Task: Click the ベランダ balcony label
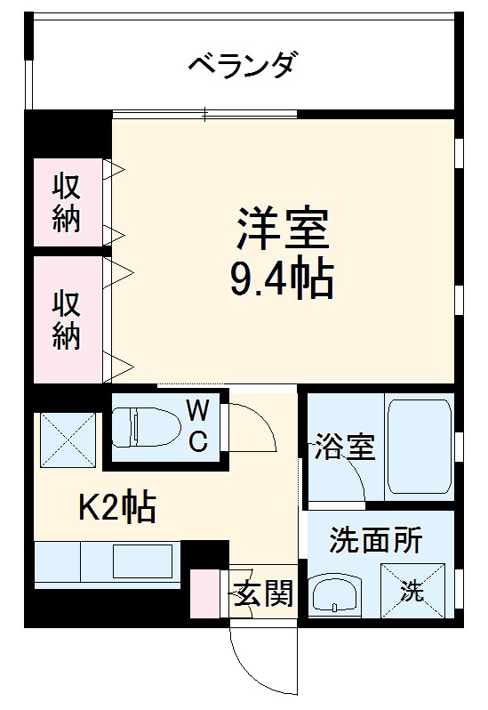(x=242, y=65)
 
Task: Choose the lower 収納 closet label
(x=66, y=320)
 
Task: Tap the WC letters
(x=198, y=425)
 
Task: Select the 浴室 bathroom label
(x=344, y=446)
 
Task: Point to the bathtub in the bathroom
(x=418, y=448)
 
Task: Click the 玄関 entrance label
(x=264, y=593)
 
